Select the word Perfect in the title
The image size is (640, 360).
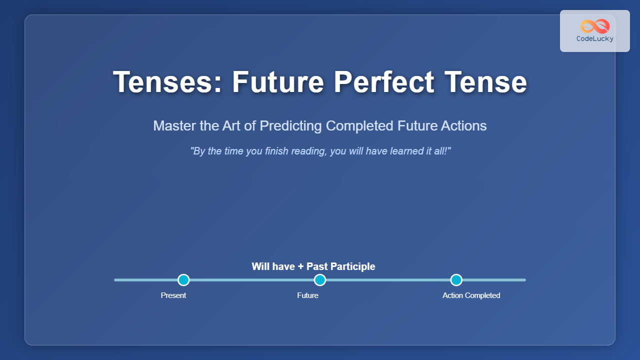383,82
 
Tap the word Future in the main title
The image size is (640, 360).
278,82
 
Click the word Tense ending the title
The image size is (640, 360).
485,82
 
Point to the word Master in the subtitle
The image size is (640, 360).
174,125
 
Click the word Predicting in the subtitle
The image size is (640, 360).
290,126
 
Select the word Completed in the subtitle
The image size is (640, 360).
359,126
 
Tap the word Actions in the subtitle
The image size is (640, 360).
463,125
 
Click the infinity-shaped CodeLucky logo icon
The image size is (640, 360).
595,26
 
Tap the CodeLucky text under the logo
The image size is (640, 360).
595,38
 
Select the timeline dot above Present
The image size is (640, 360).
183,280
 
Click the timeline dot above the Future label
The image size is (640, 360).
320,280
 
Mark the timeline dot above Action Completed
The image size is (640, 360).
456,280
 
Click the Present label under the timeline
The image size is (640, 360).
173,295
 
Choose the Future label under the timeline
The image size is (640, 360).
307,295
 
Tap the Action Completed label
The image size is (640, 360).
471,295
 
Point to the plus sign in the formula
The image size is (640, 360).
300,267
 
